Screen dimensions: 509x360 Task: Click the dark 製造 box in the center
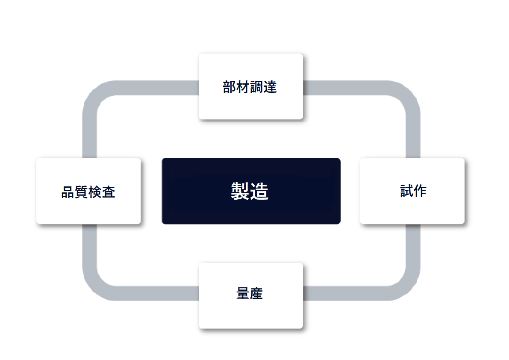251,191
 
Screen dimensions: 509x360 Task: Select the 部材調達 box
251,87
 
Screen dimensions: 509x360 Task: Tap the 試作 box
412,191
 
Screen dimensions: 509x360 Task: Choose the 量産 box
251,296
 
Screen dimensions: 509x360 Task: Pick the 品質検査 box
88,191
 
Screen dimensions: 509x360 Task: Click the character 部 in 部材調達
229,87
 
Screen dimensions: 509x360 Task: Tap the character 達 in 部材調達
270,87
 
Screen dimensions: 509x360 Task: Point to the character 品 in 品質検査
68,192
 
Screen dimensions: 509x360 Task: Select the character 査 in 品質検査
109,192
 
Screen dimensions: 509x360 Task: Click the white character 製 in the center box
240,191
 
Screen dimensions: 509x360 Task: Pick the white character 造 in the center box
259,191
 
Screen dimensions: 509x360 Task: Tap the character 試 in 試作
406,191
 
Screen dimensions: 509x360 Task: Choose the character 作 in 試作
420,191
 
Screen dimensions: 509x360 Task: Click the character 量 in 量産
243,293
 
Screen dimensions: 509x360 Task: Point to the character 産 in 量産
256,293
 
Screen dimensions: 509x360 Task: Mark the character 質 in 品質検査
81,192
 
